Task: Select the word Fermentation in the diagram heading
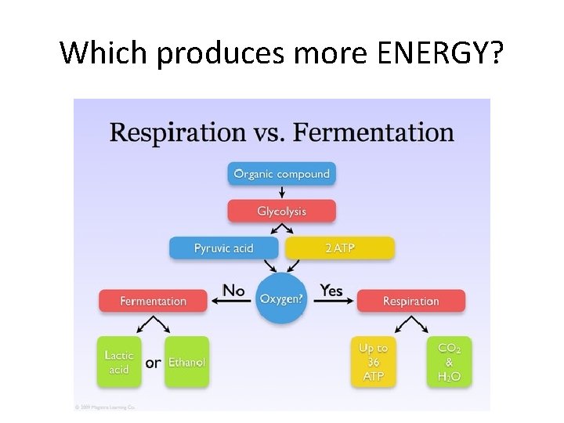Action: [x=374, y=132]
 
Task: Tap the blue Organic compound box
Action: [x=282, y=174]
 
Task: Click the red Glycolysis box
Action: [x=282, y=211]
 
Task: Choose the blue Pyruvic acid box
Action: [x=224, y=248]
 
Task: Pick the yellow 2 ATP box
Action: [x=340, y=248]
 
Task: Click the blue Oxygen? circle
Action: [x=282, y=298]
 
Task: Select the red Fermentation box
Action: [x=154, y=301]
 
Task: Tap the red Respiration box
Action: [x=410, y=301]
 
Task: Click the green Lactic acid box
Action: [x=119, y=362]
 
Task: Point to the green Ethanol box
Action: [x=187, y=362]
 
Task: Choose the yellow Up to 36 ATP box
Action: [x=374, y=362]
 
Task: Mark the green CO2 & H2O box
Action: [x=449, y=362]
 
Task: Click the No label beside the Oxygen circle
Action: [x=233, y=291]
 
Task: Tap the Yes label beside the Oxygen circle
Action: [x=331, y=291]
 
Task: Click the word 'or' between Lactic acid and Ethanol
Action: [x=154, y=363]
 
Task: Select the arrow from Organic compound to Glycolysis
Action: [x=282, y=193]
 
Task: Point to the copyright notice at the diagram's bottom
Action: [x=106, y=407]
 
